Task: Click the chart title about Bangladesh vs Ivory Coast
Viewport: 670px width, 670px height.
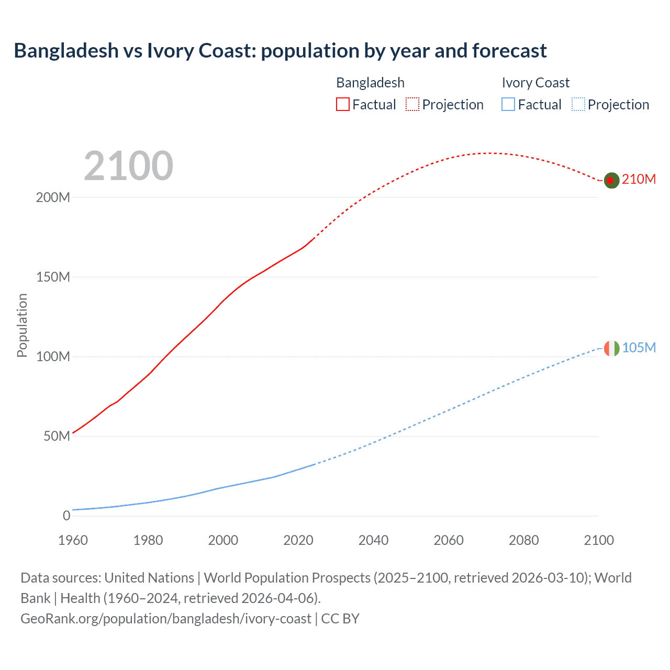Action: (280, 51)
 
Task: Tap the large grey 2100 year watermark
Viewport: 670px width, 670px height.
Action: (128, 166)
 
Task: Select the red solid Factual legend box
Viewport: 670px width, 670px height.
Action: (343, 105)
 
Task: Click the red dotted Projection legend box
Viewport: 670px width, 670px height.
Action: (412, 105)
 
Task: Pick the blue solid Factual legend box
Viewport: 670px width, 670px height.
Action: (508, 105)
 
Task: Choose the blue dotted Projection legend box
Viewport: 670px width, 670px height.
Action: (578, 105)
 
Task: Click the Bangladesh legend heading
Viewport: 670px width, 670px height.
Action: (370, 83)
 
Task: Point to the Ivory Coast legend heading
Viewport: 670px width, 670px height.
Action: (535, 83)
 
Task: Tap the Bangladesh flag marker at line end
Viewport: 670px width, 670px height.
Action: (611, 180)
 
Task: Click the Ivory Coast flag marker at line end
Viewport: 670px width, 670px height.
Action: (611, 348)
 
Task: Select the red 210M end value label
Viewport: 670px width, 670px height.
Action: (639, 179)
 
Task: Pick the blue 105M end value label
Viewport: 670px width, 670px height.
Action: (639, 348)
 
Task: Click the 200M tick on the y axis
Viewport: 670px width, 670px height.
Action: (53, 197)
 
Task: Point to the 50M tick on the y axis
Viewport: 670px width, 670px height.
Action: (57, 436)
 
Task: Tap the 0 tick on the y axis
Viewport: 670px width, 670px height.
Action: (66, 516)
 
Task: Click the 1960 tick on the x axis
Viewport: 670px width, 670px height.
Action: (73, 540)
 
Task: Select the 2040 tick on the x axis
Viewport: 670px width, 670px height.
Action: (373, 540)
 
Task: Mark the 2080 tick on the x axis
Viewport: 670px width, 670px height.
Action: (523, 540)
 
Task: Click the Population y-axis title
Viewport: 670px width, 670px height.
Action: (22, 325)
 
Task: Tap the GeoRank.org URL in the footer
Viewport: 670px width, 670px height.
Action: (166, 619)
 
